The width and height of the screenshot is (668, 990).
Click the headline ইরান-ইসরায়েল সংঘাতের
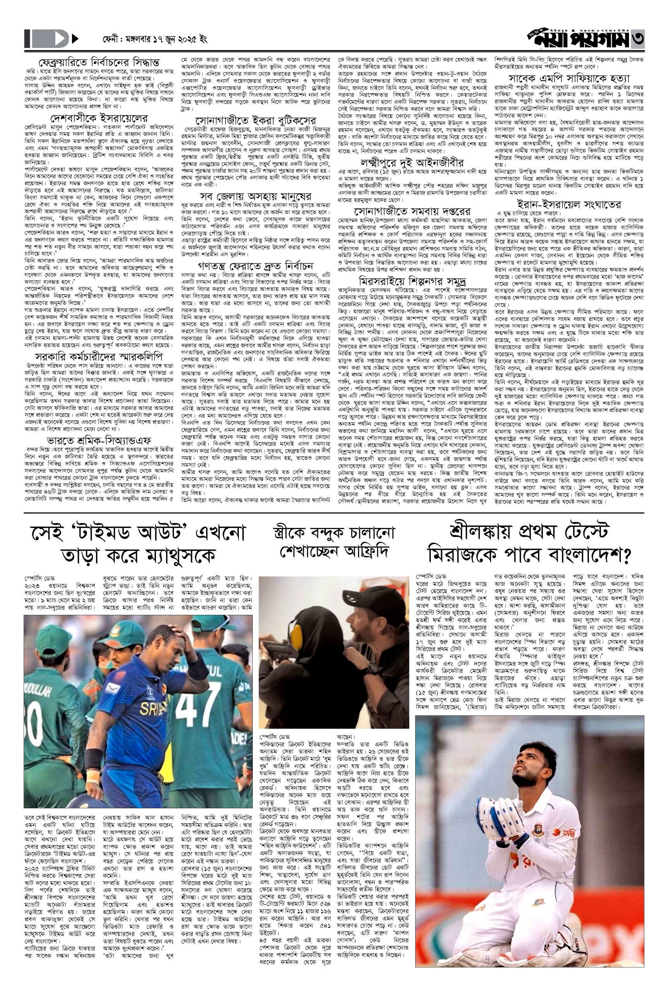click(567, 204)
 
